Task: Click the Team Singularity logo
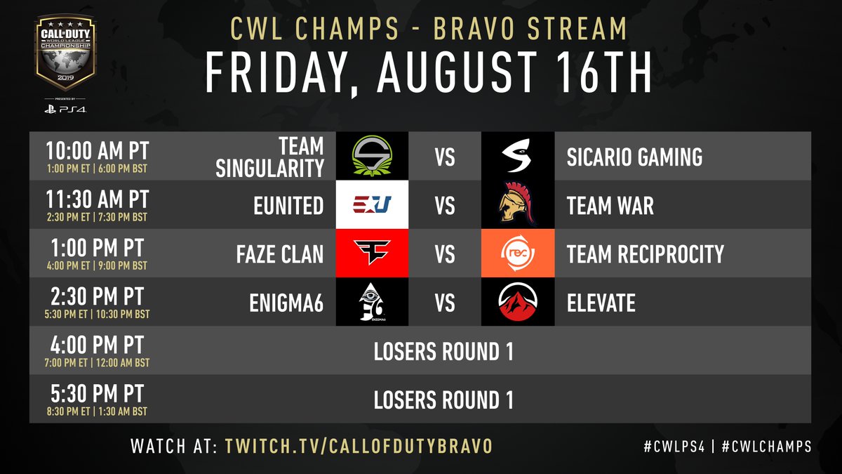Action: tap(372, 156)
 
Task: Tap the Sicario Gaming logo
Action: tap(518, 156)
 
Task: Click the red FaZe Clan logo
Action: tap(372, 253)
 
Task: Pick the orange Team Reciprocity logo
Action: tap(518, 253)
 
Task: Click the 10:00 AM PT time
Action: tap(97, 150)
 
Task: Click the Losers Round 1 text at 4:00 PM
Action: tap(443, 351)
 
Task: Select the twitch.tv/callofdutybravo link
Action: tap(358, 446)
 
